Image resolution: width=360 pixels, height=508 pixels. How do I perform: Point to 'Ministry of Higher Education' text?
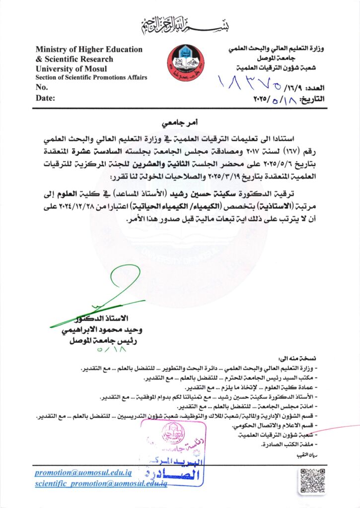(89, 50)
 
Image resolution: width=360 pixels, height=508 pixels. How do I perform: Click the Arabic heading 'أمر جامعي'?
(177, 122)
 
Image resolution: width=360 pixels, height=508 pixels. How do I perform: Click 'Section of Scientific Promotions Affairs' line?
(91, 78)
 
